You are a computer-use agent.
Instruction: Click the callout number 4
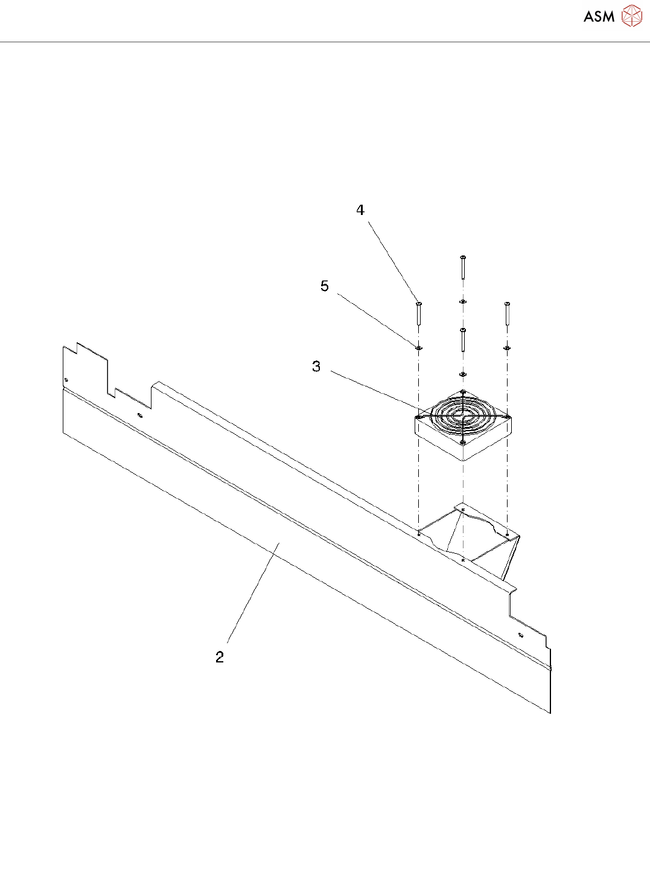[x=360, y=210]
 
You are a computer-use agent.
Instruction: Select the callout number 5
[x=325, y=286]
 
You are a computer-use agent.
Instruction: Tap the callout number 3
[x=316, y=367]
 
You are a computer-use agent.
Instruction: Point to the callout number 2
[x=220, y=657]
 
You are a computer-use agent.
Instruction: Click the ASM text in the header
[x=599, y=16]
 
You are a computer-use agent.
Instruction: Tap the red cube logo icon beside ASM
[x=631, y=16]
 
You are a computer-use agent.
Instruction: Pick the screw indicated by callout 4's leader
[x=418, y=313]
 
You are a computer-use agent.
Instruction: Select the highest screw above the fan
[x=463, y=266]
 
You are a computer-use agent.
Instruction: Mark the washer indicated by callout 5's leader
[x=418, y=348]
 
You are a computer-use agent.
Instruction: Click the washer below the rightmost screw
[x=507, y=348]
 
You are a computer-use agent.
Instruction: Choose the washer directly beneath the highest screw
[x=463, y=301]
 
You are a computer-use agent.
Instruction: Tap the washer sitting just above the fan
[x=463, y=374]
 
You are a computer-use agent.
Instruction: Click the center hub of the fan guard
[x=462, y=415]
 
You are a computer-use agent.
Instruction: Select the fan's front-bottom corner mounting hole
[x=463, y=443]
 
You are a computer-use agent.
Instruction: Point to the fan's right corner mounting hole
[x=508, y=417]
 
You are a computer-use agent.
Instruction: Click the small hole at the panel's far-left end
[x=66, y=379]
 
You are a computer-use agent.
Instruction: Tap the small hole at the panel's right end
[x=520, y=635]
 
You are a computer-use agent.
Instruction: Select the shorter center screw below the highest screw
[x=463, y=339]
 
